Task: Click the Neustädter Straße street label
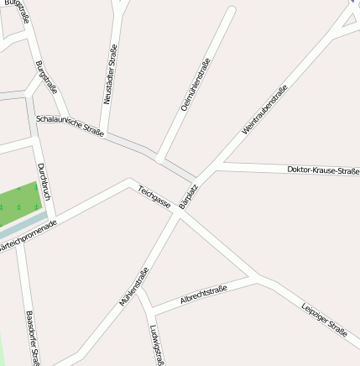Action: click(109, 75)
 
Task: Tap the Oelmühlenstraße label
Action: click(196, 85)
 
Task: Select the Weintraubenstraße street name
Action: click(264, 109)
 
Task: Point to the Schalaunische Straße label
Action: click(70, 125)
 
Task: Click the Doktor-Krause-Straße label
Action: click(322, 170)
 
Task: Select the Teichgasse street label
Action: click(154, 197)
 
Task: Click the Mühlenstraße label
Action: click(133, 286)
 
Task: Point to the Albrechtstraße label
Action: click(204, 295)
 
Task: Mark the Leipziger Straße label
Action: click(324, 320)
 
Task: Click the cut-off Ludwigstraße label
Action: click(155, 344)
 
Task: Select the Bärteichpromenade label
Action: click(28, 238)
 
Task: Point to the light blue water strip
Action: click(25, 222)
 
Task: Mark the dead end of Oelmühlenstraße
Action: click(231, 11)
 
